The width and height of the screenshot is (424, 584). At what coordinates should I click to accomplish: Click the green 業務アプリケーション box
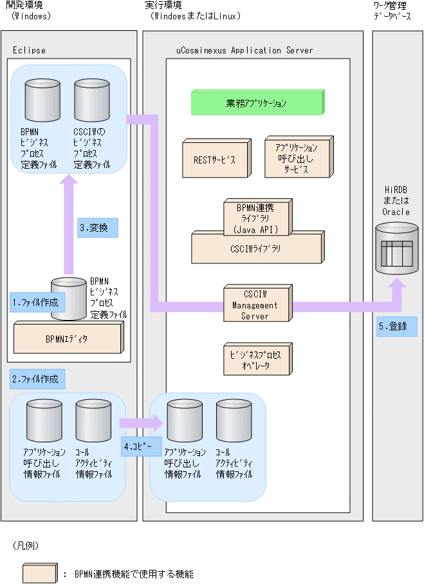257,103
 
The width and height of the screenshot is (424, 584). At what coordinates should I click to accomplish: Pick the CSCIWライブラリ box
255,248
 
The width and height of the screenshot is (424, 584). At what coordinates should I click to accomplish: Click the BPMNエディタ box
67,338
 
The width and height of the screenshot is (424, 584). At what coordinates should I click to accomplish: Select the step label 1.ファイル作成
37,301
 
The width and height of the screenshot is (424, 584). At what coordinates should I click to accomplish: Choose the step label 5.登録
396,326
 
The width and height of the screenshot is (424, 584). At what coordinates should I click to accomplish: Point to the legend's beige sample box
40,573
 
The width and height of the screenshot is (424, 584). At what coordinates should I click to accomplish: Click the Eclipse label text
30,50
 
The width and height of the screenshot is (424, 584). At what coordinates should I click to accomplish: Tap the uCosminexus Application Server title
244,50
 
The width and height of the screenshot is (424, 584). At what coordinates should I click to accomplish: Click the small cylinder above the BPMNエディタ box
68,297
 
